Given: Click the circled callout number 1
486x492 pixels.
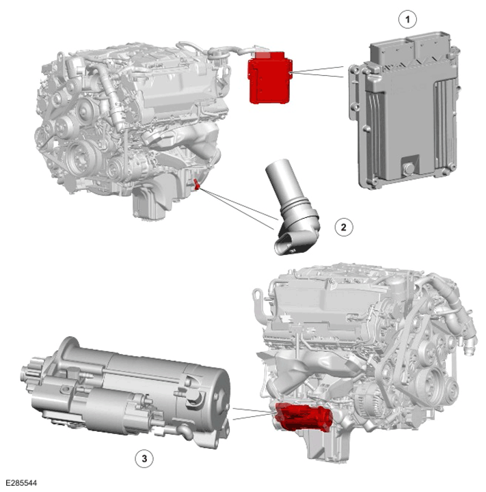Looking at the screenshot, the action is [x=407, y=20].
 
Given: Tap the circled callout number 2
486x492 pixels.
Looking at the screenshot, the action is [x=343, y=227].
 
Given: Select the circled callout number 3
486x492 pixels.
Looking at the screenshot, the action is [x=144, y=459].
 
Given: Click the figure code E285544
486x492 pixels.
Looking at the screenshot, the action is [x=21, y=482].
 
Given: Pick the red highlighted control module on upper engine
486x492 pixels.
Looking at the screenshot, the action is [x=270, y=78].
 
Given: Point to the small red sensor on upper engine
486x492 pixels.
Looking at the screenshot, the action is [x=196, y=184].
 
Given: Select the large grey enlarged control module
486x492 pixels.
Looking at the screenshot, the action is [x=403, y=110].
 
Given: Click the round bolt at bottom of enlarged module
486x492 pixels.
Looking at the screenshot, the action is [x=409, y=168].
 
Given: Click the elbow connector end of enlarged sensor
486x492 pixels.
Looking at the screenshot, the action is [x=287, y=244].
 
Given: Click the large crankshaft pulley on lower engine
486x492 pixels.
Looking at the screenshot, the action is [x=433, y=381].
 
